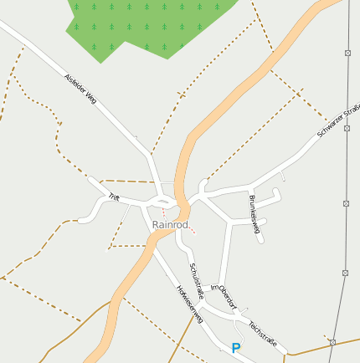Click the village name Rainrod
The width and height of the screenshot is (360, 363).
[170, 225]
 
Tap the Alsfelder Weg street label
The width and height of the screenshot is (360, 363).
[81, 89]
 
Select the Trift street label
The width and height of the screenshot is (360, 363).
[114, 197]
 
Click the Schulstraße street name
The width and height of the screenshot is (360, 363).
[198, 277]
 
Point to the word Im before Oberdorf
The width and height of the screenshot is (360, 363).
[214, 287]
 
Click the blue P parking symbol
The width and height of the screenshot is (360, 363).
[236, 348]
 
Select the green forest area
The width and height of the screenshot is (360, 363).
[142, 25]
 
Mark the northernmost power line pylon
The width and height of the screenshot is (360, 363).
[347, 52]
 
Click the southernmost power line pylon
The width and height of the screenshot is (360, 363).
[332, 342]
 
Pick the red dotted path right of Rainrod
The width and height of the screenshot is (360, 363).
[191, 228]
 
